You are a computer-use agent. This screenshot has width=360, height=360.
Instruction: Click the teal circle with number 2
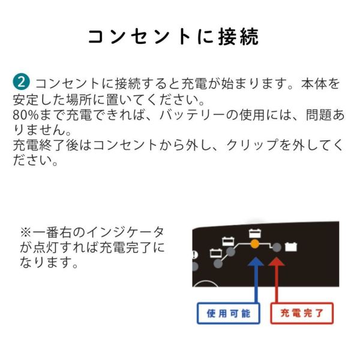coord(21,82)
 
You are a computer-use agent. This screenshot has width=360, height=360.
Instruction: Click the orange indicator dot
coord(254,244)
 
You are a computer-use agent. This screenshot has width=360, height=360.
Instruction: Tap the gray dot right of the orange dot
coord(277,247)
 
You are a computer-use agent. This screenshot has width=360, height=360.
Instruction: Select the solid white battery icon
coord(291,247)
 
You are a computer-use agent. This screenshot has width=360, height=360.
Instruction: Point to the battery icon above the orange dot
coord(255,233)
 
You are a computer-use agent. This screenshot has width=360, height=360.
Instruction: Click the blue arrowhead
coord(256,262)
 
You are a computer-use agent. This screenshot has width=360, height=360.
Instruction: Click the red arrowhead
coord(277,262)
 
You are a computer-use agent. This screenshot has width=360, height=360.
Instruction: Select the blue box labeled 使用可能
coord(229,313)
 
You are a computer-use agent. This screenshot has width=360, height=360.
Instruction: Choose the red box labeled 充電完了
coord(302,313)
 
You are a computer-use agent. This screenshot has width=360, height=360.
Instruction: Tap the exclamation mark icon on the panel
coord(194,255)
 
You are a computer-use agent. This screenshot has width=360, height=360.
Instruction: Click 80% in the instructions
coord(25,115)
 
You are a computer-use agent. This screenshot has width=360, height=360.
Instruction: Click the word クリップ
coord(252,145)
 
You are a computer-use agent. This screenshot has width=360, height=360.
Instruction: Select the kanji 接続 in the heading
coord(238,37)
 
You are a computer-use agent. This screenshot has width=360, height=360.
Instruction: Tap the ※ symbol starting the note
coord(26,232)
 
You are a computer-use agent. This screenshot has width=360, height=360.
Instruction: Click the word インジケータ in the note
coord(125,232)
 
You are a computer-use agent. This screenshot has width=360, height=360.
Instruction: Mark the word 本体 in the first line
coord(313,83)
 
